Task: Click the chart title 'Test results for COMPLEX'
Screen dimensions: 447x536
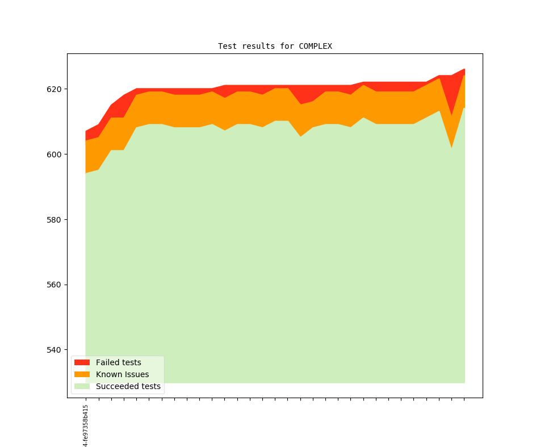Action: (x=275, y=46)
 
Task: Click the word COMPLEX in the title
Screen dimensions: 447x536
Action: (x=315, y=46)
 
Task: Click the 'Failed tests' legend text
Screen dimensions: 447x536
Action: (x=118, y=362)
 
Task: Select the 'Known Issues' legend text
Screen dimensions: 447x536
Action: (x=122, y=374)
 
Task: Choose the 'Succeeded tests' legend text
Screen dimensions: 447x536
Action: (x=128, y=386)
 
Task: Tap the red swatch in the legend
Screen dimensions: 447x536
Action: (x=82, y=362)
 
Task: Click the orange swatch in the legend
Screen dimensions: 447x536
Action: (x=82, y=374)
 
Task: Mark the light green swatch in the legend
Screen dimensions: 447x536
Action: (x=82, y=386)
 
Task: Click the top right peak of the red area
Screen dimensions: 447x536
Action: (x=464, y=69)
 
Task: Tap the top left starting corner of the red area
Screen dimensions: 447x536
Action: (x=86, y=132)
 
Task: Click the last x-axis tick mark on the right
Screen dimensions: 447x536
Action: (x=464, y=399)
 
